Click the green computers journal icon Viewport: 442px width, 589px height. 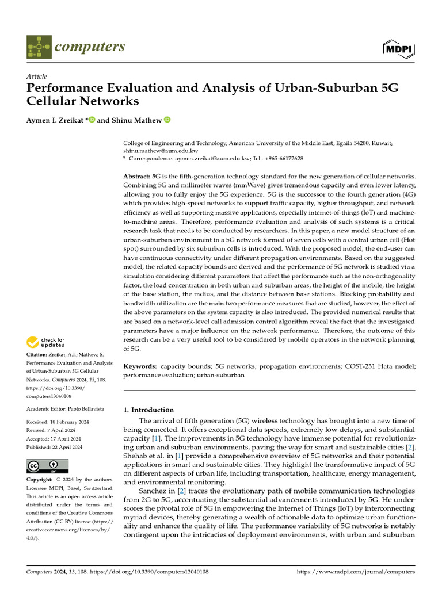coord(39,47)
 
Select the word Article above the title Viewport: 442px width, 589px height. coord(37,77)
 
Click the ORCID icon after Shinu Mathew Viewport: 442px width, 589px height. coord(167,120)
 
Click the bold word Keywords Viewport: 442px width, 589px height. coord(140,366)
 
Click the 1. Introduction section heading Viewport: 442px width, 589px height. coord(148,410)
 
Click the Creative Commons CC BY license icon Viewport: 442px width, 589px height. coord(47,466)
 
